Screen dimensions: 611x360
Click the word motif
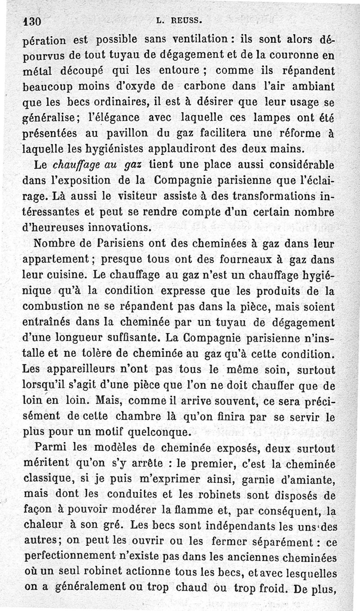point(123,433)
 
